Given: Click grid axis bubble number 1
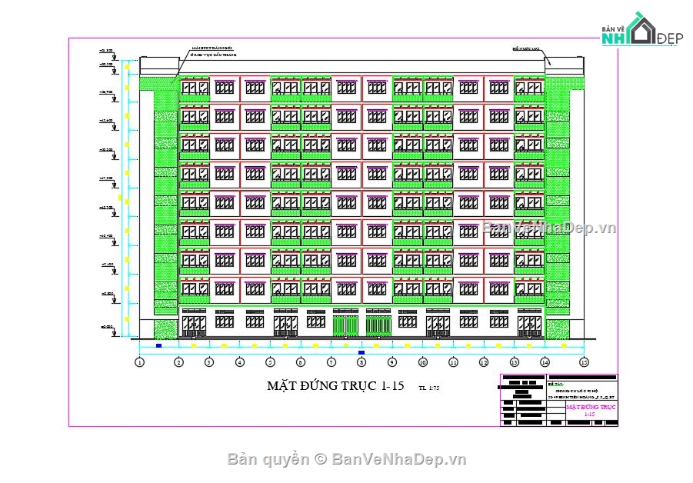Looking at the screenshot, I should [140, 361].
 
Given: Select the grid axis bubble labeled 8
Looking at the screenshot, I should [361, 361].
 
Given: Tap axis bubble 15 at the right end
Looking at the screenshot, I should [584, 361].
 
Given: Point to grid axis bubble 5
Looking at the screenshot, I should [270, 361].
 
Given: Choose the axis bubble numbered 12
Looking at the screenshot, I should [484, 361].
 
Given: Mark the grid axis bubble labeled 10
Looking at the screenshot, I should [422, 361].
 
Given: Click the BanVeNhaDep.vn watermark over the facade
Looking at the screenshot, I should [549, 228].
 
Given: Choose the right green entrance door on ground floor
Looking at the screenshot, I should [378, 325].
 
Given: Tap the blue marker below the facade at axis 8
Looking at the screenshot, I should [361, 352].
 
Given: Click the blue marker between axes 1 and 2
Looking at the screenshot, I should [158, 345].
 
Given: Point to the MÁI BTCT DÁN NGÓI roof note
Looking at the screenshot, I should [213, 48].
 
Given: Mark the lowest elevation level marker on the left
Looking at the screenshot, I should [107, 327].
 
